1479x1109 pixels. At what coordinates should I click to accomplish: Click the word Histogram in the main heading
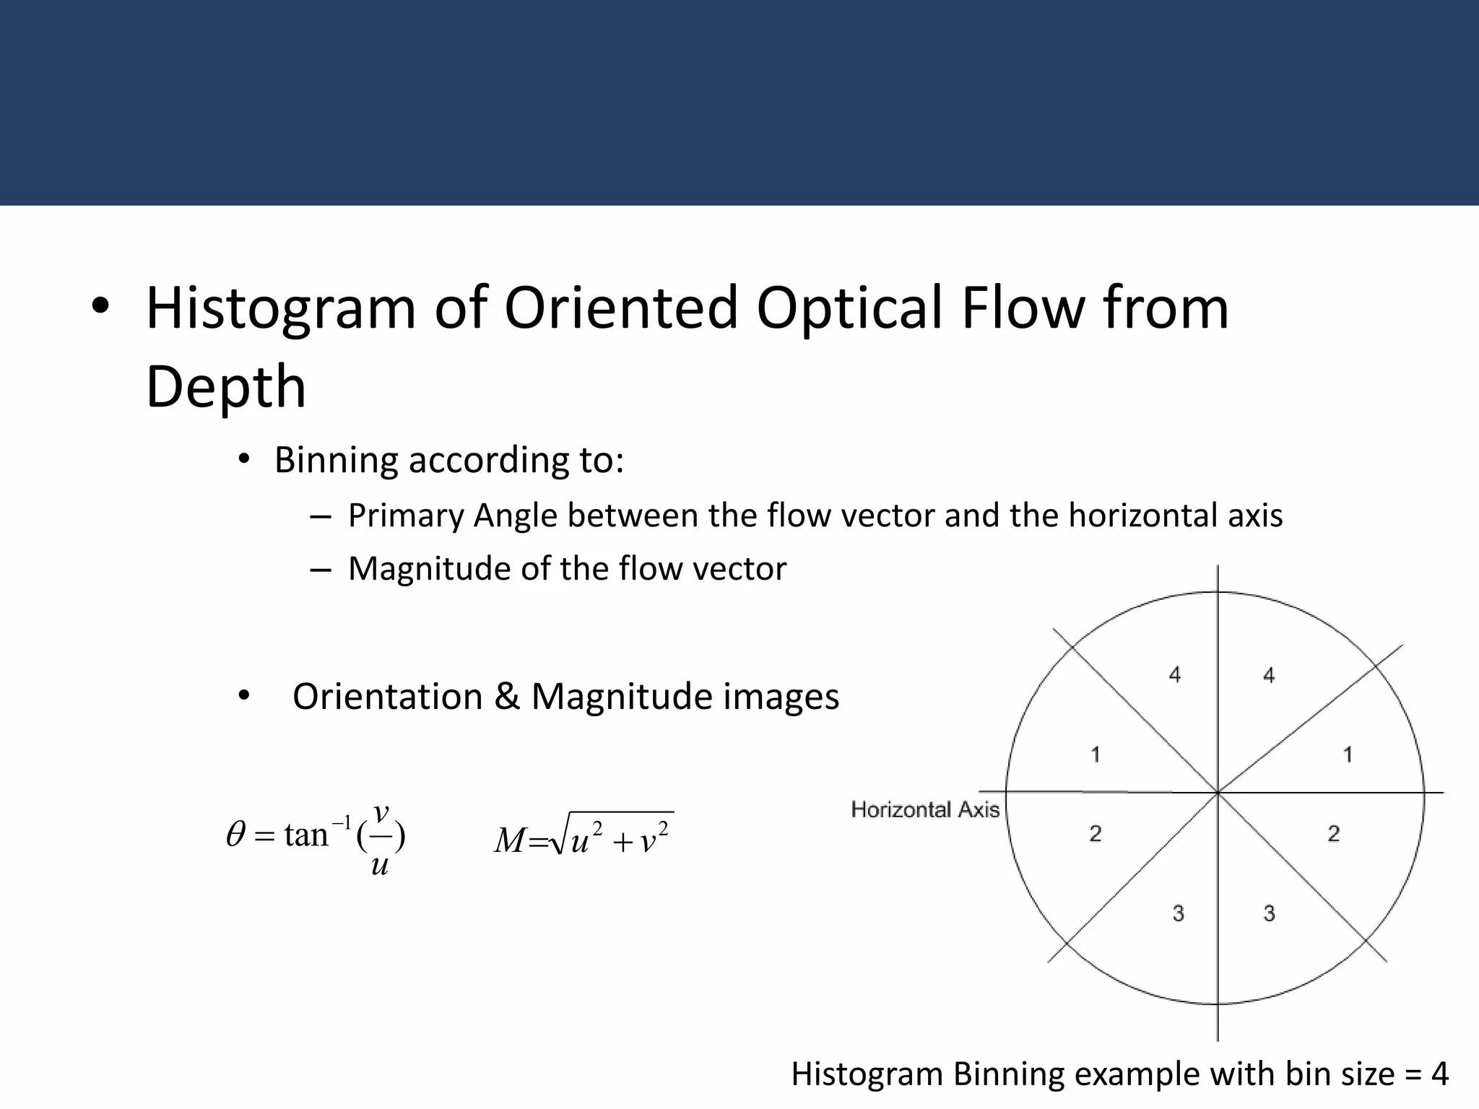281,308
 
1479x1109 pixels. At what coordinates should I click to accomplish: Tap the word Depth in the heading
226,387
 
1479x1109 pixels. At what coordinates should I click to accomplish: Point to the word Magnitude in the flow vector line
429,569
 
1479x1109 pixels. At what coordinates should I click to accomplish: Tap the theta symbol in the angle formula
236,835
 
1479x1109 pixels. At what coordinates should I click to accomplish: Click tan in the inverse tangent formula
306,835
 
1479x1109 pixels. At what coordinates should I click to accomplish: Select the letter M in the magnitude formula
510,840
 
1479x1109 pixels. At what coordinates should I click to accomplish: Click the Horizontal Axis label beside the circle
925,809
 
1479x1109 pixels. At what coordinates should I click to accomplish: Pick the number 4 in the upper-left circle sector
1175,675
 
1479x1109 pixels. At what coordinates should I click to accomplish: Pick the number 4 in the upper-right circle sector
1269,676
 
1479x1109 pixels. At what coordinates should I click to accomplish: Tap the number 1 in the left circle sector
1096,755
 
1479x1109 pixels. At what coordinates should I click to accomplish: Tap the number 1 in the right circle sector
1348,755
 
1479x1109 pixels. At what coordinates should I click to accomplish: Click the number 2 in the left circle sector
1096,834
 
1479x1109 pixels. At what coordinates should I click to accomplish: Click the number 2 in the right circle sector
1334,834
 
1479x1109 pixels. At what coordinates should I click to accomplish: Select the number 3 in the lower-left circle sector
1179,913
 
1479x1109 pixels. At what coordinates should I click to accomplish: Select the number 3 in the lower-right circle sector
1269,913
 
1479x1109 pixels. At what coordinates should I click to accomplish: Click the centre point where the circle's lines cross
1218,793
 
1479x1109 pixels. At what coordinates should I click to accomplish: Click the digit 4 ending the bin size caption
1439,1074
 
